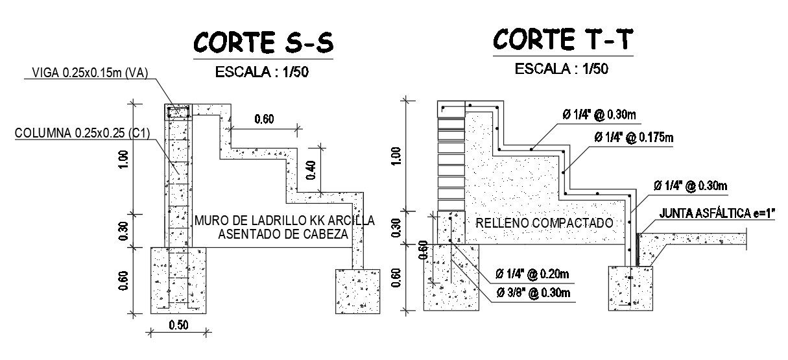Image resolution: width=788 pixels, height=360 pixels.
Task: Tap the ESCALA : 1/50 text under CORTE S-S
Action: tap(262, 71)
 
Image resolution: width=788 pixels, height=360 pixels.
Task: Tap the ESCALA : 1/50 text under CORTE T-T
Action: tap(562, 68)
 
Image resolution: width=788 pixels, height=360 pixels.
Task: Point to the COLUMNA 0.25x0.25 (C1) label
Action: tap(82, 134)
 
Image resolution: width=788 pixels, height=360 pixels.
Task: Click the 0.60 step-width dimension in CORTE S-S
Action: tap(263, 119)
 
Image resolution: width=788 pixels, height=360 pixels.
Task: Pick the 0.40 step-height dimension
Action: tap(311, 169)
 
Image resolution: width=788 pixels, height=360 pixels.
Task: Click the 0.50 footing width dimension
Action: tap(178, 325)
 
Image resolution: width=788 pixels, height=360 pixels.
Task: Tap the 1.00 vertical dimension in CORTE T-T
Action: tap(397, 156)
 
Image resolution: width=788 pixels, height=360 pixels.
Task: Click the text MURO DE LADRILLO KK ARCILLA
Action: tap(284, 220)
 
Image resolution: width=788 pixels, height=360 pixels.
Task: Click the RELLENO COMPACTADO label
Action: tap(544, 223)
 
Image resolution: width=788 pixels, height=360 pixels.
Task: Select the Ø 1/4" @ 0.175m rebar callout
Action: tap(634, 138)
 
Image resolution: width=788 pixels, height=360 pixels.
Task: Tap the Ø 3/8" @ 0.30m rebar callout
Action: tap(532, 293)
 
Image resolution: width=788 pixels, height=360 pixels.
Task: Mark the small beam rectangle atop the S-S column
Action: tap(178, 112)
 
